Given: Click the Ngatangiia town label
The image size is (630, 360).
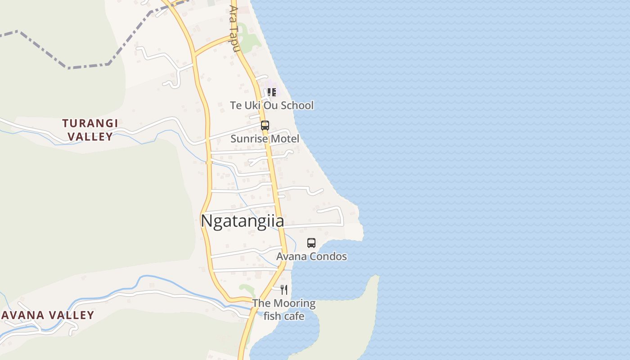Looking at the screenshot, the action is (x=242, y=221).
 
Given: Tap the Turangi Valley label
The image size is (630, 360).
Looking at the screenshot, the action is (x=90, y=130).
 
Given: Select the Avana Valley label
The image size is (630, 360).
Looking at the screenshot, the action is (x=47, y=315).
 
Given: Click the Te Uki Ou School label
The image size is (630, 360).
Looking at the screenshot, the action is (x=272, y=105).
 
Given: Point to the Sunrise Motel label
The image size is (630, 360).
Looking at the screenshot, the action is (x=265, y=139).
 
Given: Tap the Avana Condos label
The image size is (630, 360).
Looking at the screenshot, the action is (x=311, y=256).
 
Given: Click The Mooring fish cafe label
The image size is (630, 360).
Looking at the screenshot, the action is (x=283, y=310).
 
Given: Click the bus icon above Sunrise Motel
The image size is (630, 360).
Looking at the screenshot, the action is (x=265, y=126).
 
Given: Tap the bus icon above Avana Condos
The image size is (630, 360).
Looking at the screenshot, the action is (x=311, y=243).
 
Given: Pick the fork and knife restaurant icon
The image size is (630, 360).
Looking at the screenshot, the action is (x=283, y=289).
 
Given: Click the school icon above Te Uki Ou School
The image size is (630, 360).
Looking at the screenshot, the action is (x=271, y=92).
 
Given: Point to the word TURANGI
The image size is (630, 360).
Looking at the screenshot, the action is (x=90, y=123).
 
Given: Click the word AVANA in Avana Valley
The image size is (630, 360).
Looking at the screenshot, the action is (x=20, y=315).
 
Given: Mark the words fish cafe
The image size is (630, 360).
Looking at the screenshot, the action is (x=283, y=316).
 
